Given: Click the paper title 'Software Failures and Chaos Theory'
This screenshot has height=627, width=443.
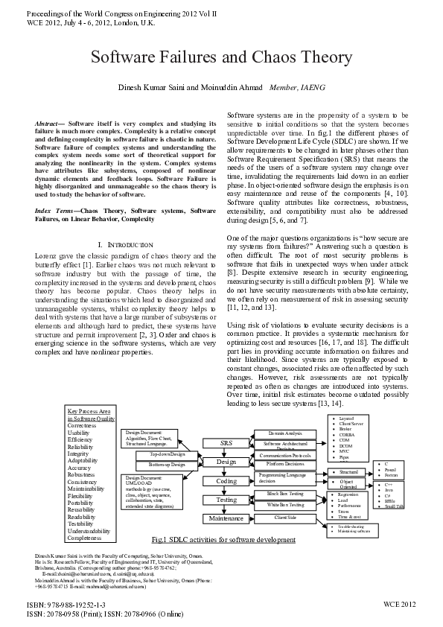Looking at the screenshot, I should pos(221,57).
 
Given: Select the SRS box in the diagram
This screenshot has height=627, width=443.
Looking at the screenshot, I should pos(226,443).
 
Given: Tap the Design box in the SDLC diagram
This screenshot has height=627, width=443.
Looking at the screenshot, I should pos(226,462).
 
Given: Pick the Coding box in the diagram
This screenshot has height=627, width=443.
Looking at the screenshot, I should pos(226,481).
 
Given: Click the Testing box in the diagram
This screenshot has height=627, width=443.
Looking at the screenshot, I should pos(226,500).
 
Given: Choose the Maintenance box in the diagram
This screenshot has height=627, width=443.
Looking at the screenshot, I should pos(226,518).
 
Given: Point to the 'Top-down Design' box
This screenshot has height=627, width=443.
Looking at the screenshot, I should pos(166,453).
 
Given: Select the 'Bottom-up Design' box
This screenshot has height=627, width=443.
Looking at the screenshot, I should pos(166,464).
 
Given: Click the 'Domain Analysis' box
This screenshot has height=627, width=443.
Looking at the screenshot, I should pos(284,433).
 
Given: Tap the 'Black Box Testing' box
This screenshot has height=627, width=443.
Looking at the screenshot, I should pos(284,494).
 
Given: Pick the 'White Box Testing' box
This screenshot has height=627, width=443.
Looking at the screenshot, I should pos(284,505).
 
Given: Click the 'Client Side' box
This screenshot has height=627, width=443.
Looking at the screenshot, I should pos(284,516).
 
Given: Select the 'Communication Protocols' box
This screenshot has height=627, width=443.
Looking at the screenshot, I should pos(284,454).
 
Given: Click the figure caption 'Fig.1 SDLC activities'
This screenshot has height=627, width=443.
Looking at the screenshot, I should pos(223,539).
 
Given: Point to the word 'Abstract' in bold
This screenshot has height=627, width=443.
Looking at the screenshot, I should pos(48,121).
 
